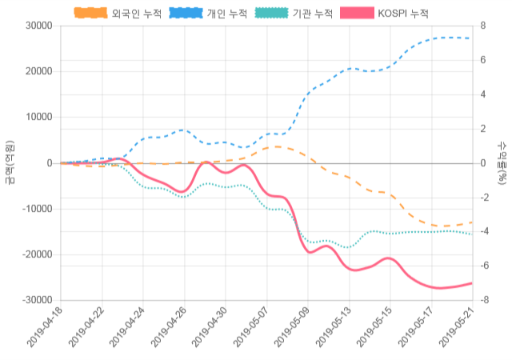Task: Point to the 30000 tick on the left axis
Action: click(38, 26)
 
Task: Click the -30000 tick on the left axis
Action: click(36, 301)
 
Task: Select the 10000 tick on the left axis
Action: click(38, 118)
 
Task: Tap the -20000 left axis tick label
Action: click(36, 255)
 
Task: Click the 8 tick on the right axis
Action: click(483, 26)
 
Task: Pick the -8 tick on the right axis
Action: click(485, 301)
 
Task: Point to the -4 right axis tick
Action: click(485, 232)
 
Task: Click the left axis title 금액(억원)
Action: click(10, 162)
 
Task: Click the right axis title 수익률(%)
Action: click(502, 162)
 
